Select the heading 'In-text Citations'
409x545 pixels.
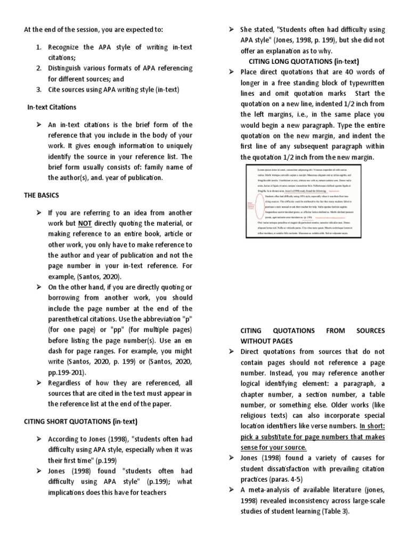52,107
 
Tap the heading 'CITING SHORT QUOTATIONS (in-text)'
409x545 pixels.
80,422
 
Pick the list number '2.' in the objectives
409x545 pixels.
39,68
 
